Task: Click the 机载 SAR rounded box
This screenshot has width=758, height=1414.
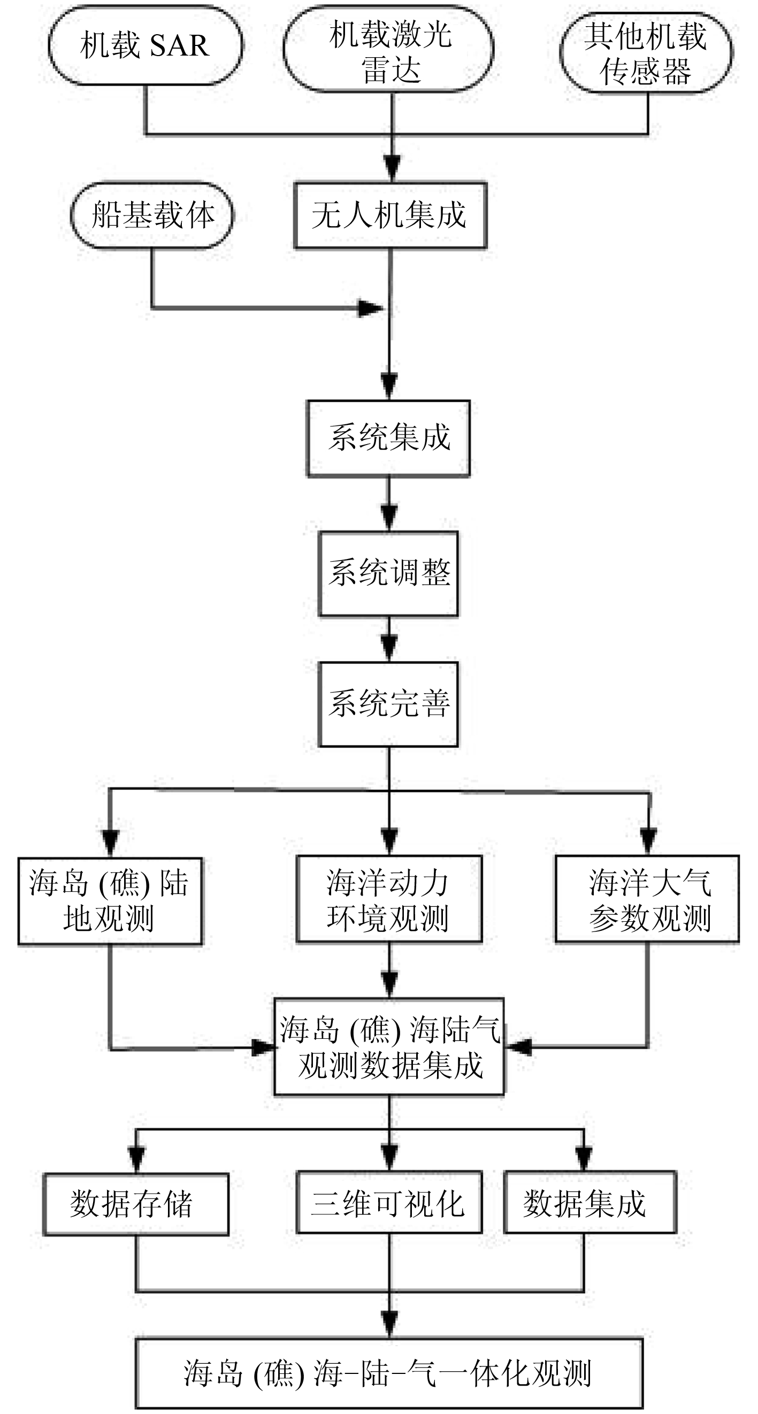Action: point(146,45)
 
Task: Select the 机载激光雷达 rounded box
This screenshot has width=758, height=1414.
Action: point(388,49)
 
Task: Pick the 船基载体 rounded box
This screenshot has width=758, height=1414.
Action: point(152,215)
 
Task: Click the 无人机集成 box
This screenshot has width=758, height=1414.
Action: point(390,215)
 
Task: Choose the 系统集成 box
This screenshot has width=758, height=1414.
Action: point(388,438)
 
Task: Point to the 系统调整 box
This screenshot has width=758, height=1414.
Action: point(388,573)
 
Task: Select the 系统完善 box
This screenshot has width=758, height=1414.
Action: point(388,704)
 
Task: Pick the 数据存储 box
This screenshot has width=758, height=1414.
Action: point(136,1205)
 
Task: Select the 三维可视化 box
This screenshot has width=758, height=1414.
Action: point(389,1202)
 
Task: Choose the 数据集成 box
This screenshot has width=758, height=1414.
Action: point(590,1202)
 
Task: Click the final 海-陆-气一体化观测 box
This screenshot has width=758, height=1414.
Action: point(389,1373)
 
